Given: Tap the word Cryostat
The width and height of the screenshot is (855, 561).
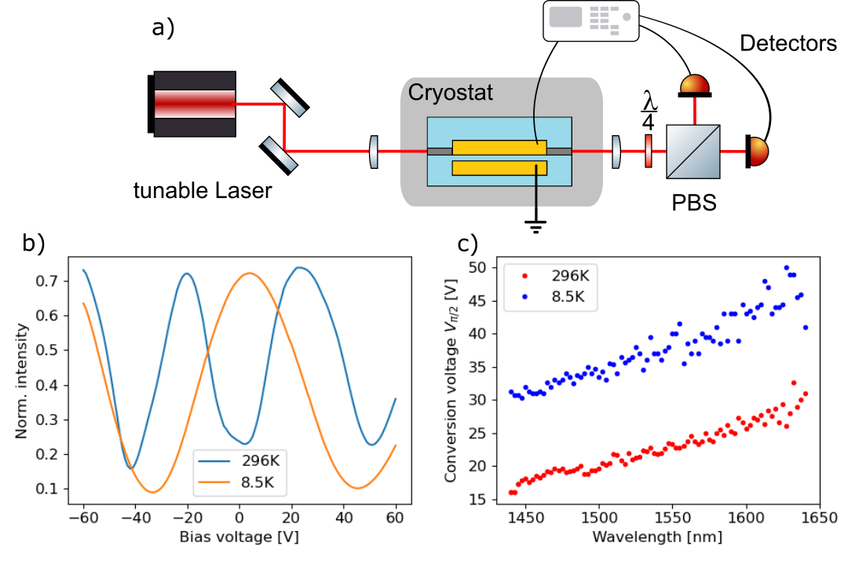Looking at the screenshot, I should (x=450, y=93).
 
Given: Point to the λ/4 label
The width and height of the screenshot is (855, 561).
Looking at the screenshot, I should (x=649, y=112).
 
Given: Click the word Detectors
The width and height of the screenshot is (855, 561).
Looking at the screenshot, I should (x=789, y=44).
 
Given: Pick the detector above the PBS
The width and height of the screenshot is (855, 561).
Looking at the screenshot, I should (x=694, y=84).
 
